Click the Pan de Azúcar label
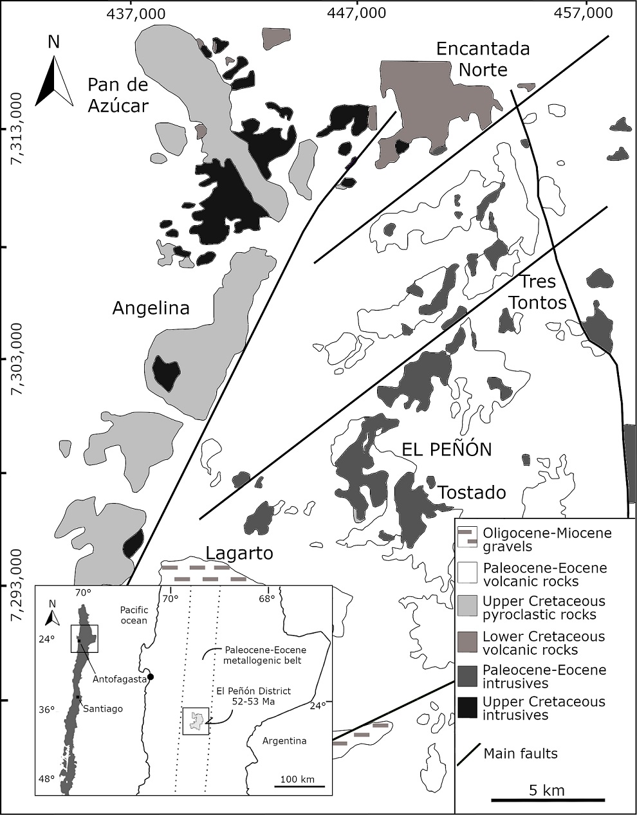point(118,95)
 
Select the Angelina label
point(151,308)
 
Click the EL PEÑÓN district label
point(447,449)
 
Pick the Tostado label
point(472,493)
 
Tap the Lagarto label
point(239,553)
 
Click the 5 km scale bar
point(548,800)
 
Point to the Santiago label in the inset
point(102,708)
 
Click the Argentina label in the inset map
point(284,741)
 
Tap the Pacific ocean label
point(133,615)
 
